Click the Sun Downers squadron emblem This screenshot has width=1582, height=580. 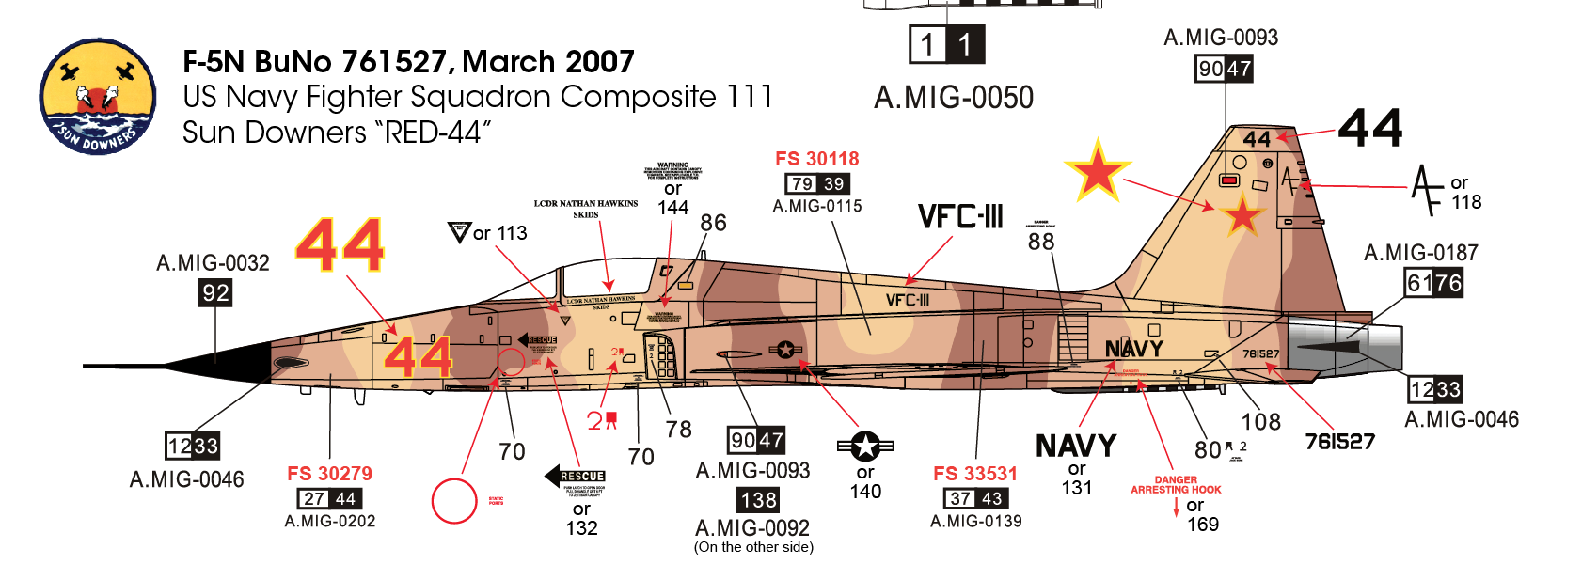pyautogui.click(x=97, y=97)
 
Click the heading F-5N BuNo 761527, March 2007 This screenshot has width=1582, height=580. pyautogui.click(x=408, y=62)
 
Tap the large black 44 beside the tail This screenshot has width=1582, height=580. pyautogui.click(x=1369, y=128)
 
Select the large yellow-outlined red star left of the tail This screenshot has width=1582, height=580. pyautogui.click(x=1096, y=171)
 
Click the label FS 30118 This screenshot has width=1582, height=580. pyautogui.click(x=816, y=159)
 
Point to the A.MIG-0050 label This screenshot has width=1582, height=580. pyautogui.click(x=953, y=98)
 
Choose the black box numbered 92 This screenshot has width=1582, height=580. pyautogui.click(x=215, y=292)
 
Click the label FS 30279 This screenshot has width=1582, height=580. pyautogui.click(x=329, y=474)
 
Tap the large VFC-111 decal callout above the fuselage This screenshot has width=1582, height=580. pyautogui.click(x=960, y=217)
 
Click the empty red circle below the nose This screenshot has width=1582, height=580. pyautogui.click(x=454, y=501)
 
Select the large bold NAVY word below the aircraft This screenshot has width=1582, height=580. pyautogui.click(x=1076, y=446)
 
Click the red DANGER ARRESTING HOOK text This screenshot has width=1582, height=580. pyautogui.click(x=1176, y=485)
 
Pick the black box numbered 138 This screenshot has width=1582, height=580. pyautogui.click(x=758, y=500)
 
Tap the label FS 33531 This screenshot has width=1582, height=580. pyautogui.click(x=975, y=474)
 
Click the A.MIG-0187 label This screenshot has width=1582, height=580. pyautogui.click(x=1420, y=253)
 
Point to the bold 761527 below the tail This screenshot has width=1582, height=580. pyautogui.click(x=1339, y=442)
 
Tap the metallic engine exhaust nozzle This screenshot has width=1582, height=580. pyautogui.click(x=1345, y=348)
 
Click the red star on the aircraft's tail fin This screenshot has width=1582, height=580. pyautogui.click(x=1242, y=216)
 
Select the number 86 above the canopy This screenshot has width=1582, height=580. pyautogui.click(x=713, y=224)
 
